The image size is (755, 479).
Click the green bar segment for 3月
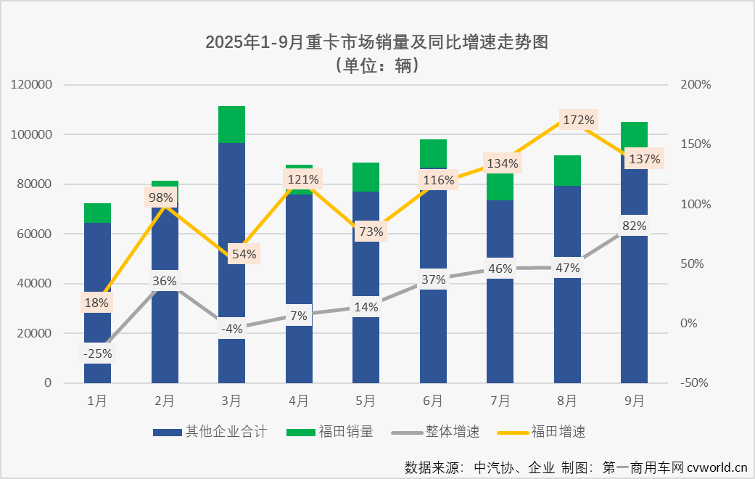click(x=231, y=125)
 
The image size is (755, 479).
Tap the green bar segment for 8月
click(x=567, y=171)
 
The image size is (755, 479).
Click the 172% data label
click(x=578, y=120)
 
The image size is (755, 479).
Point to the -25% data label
click(x=97, y=354)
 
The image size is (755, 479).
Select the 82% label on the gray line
click(x=634, y=226)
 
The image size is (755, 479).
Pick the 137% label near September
click(x=645, y=159)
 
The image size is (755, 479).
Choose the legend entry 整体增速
click(x=446, y=432)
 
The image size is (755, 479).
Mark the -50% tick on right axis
click(x=695, y=383)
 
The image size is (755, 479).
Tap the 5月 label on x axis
click(x=366, y=401)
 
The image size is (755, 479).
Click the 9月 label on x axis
click(x=634, y=401)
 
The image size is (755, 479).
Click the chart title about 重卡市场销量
click(x=376, y=42)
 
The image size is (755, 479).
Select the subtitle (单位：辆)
click(x=376, y=65)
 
